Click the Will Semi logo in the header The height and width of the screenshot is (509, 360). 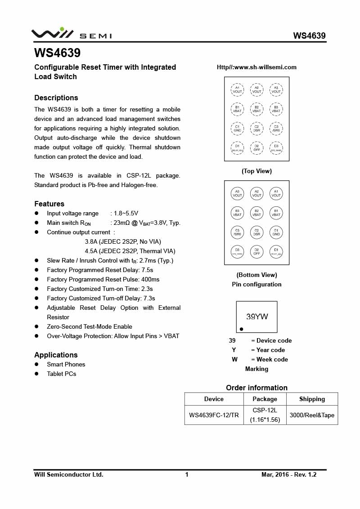(71, 34)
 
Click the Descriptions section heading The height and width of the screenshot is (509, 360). (56, 98)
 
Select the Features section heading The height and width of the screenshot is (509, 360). (49, 204)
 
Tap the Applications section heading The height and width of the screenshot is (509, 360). (56, 355)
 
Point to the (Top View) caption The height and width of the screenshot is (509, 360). (256, 171)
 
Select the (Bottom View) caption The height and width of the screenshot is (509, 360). (256, 275)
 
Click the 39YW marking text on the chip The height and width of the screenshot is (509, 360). (257, 317)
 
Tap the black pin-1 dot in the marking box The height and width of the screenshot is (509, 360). (242, 329)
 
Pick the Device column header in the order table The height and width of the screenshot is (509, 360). (214, 399)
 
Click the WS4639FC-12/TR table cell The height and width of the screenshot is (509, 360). (214, 415)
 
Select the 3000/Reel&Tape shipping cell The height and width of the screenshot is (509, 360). (312, 415)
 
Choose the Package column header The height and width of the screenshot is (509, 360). (265, 399)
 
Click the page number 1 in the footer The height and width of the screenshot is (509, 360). (187, 474)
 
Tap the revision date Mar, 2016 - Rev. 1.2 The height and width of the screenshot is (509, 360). (289, 474)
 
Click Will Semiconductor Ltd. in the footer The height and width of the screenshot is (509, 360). (69, 474)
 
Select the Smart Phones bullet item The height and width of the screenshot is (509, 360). (66, 364)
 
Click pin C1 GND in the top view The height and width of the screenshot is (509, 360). (237, 129)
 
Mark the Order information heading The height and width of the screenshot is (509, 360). (256, 388)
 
